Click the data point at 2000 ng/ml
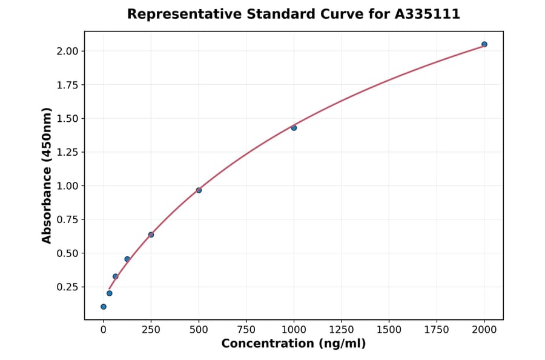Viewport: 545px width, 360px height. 484,44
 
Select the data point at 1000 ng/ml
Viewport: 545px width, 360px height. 294,128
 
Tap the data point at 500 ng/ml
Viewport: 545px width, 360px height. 199,190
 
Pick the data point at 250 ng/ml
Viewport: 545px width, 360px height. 151,235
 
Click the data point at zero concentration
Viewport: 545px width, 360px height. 104,307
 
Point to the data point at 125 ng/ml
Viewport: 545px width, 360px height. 127,259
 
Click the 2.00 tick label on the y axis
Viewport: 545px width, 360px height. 68,51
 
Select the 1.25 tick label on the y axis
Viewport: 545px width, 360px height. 68,152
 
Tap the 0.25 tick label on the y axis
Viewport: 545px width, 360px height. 68,287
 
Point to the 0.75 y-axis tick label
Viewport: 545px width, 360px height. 68,219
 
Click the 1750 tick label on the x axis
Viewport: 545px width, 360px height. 437,330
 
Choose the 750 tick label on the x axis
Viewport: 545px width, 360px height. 246,330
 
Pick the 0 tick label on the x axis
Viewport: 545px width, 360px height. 104,330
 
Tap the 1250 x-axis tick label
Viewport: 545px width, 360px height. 342,330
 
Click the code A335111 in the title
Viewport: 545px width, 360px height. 428,14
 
